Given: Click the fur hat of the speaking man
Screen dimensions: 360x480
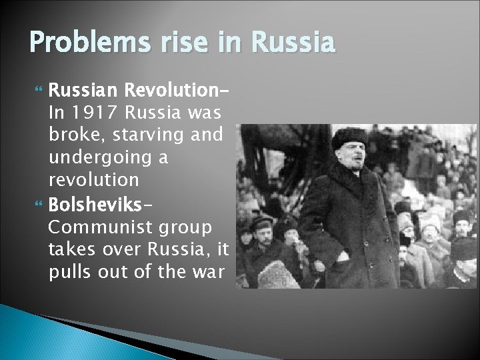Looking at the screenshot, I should tap(350, 137).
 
